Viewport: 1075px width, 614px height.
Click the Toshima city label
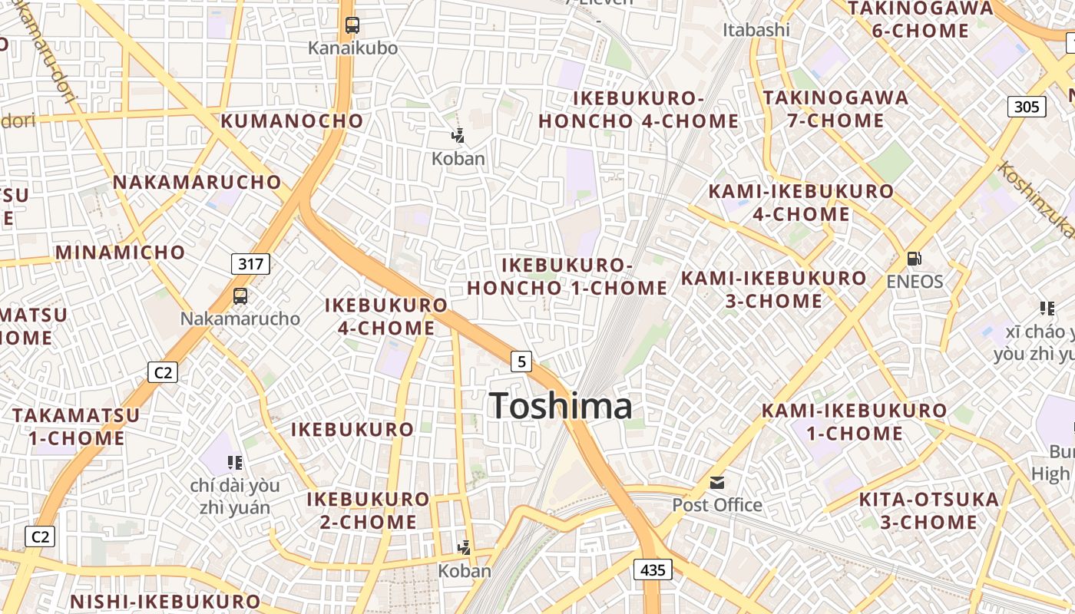tap(561, 405)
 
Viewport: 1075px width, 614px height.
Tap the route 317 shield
tap(250, 265)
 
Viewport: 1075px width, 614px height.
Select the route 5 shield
tap(521, 361)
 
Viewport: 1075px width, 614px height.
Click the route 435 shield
tap(653, 569)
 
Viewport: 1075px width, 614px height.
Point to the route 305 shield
tap(1027, 107)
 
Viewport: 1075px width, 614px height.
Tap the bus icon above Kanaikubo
tap(352, 25)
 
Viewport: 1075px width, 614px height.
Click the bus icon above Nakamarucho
tap(240, 296)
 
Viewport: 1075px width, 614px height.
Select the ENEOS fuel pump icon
tap(914, 259)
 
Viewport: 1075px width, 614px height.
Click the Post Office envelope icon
tap(717, 483)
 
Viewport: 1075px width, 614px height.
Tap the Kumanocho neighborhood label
tap(292, 120)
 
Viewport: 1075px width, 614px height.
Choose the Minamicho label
tap(120, 253)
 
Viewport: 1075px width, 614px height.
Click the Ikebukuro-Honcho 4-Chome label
tap(638, 110)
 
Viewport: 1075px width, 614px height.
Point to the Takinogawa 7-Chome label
tap(835, 109)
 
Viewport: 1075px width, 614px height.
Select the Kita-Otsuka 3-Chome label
tap(928, 511)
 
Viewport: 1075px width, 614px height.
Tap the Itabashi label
tap(756, 30)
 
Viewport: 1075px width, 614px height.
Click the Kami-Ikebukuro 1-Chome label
tap(854, 422)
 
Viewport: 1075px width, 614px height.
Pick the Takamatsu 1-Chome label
tap(77, 427)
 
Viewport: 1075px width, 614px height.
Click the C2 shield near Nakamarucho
tap(163, 373)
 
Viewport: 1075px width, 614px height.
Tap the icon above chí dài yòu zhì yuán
tap(235, 463)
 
